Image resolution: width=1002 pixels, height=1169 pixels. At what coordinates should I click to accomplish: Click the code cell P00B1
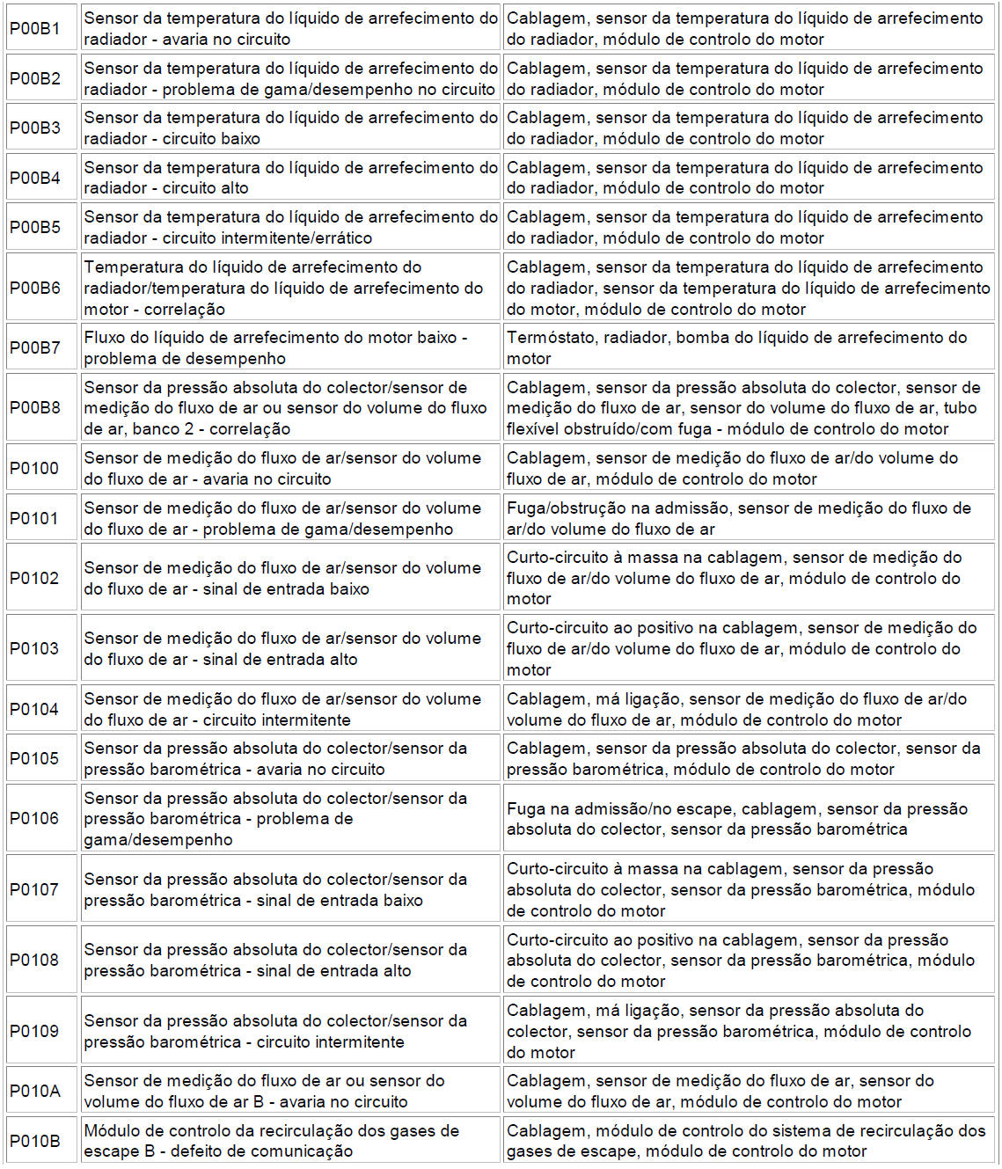[35, 29]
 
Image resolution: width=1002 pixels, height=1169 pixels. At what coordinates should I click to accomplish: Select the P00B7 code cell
[35, 348]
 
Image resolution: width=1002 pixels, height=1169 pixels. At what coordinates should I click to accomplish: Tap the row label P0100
[34, 469]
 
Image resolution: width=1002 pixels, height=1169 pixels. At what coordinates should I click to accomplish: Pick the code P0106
[34, 819]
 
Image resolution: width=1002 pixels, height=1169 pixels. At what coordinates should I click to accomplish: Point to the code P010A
[35, 1092]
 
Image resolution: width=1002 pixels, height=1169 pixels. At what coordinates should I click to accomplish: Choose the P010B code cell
[35, 1142]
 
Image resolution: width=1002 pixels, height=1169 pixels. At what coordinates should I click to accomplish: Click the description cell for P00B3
[290, 128]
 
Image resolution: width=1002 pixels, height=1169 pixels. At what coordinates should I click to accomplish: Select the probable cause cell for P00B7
[748, 348]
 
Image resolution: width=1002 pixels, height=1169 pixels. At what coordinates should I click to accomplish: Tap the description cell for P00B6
[290, 289]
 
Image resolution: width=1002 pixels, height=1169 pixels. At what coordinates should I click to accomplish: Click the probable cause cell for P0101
[748, 519]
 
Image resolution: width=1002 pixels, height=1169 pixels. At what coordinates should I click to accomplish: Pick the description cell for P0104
[290, 710]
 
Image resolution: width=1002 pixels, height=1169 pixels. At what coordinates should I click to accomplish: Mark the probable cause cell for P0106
[748, 819]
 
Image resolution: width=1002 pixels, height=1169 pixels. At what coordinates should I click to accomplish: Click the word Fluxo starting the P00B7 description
[106, 338]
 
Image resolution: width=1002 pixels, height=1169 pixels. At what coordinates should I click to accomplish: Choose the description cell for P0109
[290, 1032]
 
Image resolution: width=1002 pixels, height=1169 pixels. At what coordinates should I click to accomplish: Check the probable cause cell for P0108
[748, 961]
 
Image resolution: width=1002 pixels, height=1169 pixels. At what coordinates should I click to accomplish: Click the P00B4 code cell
[35, 179]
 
